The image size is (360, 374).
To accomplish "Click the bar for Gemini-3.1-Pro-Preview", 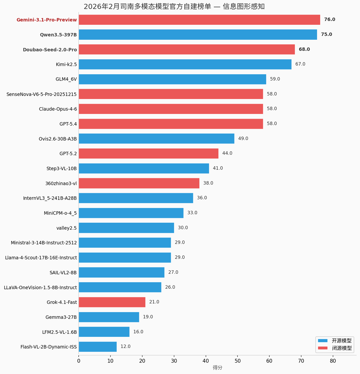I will click(199, 20).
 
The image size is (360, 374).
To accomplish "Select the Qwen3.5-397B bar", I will click(198, 34).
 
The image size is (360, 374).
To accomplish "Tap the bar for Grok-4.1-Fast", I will click(112, 302).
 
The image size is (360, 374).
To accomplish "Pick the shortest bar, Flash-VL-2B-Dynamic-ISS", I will click(98, 347).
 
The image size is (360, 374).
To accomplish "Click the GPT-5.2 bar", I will click(148, 153).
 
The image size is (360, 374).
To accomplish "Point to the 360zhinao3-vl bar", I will click(139, 183).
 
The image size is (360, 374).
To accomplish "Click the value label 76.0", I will click(330, 20).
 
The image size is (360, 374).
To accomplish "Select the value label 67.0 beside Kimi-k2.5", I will click(300, 64).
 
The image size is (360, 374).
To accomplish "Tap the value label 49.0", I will click(243, 138).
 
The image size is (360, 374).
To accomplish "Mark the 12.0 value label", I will click(125, 347).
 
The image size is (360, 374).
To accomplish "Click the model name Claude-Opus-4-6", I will click(58, 109).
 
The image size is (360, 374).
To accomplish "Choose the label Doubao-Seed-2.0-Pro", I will click(50, 50).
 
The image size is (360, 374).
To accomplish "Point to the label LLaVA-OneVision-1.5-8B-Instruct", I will click(40, 288).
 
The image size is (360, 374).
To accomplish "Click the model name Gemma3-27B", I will click(61, 317).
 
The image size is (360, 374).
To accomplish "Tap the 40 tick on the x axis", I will click(206, 361).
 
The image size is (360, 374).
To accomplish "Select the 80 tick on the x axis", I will click(333, 361).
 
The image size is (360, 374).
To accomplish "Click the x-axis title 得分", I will click(217, 368).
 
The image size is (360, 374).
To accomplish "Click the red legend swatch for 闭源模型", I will click(323, 348).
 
